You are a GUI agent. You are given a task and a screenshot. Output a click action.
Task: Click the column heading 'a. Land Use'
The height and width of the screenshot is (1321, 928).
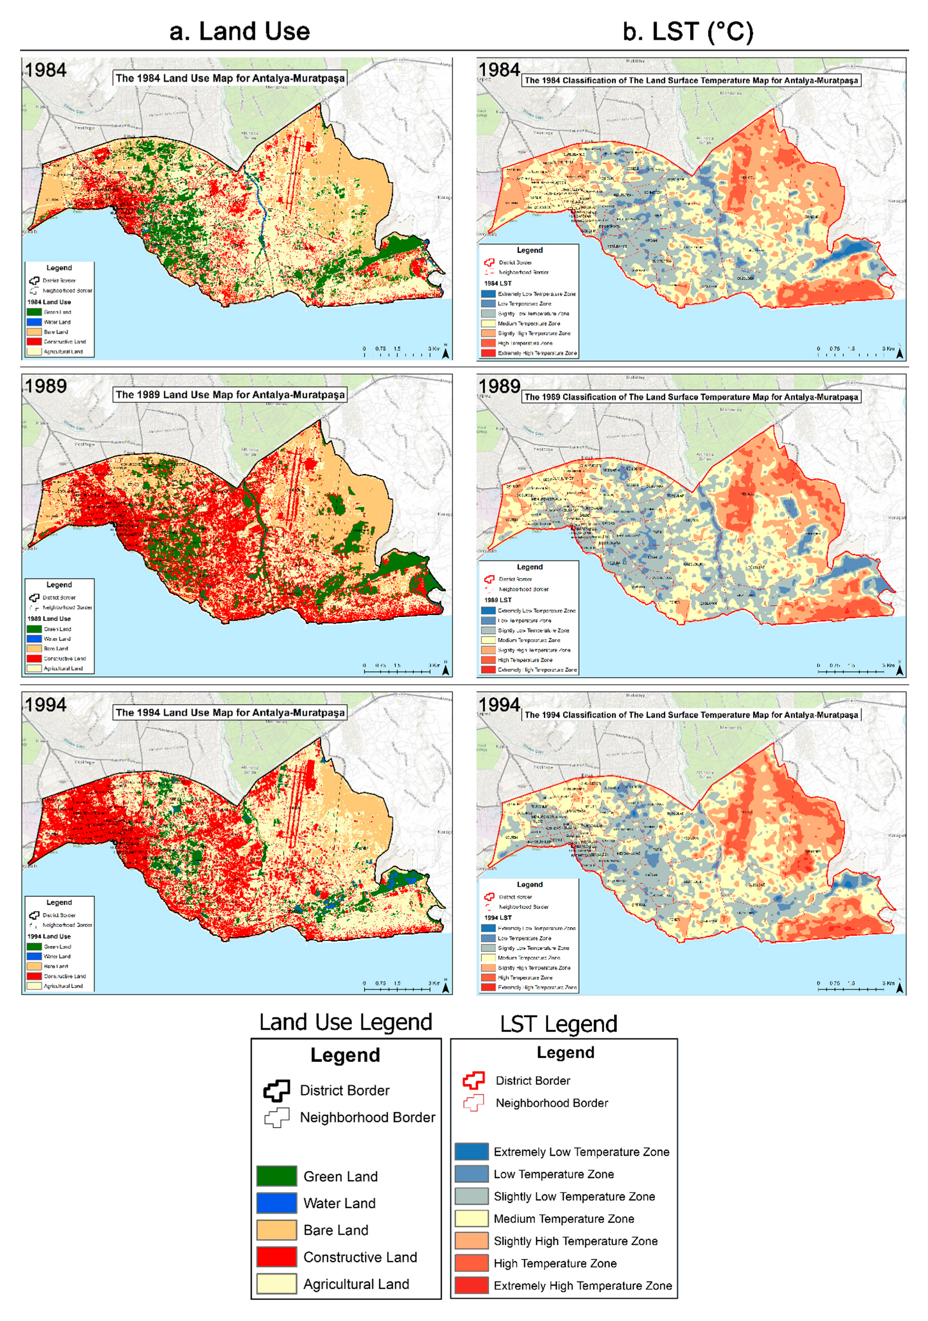coord(240,31)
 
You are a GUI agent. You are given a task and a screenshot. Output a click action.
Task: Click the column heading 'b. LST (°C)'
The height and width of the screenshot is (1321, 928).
coord(688,31)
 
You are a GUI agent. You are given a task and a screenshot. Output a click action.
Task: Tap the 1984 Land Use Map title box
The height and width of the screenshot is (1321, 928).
coord(230,78)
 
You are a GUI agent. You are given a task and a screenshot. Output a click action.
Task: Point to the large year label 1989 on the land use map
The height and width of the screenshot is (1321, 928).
coord(46,385)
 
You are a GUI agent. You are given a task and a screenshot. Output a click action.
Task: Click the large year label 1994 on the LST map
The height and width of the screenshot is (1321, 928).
coord(499,704)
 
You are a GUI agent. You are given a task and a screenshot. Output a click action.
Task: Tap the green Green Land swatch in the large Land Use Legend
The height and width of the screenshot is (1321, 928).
coord(276,1176)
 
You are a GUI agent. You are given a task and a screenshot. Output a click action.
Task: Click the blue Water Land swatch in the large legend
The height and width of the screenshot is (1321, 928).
coord(276,1202)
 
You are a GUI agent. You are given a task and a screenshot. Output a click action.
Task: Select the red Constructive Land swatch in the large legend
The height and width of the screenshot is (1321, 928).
coord(276,1257)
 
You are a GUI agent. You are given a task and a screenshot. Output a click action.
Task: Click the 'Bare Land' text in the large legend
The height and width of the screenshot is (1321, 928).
coord(336,1230)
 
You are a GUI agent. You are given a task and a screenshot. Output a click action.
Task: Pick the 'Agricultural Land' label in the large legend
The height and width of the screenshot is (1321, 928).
coord(356,1284)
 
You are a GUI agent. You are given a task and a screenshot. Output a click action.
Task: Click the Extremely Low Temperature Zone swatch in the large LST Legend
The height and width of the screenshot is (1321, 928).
coord(471,1151)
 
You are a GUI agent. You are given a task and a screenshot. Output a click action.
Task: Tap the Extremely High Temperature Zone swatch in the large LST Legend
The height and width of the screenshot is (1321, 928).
coord(471,1285)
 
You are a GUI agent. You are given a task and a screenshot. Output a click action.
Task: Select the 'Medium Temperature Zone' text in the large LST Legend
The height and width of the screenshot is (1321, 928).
coord(563,1218)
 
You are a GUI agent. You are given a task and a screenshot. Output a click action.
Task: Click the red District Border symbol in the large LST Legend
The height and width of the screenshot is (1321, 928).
coord(473,1080)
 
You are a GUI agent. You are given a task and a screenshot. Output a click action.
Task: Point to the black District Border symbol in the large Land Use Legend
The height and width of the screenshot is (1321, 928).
coord(276,1090)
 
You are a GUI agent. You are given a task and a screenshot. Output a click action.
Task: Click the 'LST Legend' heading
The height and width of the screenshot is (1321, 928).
coord(558,1024)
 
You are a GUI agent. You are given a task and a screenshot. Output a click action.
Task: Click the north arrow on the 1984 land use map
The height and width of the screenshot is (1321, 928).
coord(445,352)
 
